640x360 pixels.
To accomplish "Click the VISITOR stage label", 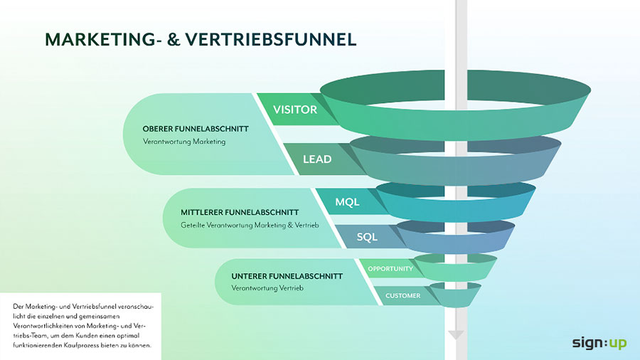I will coord(295,110).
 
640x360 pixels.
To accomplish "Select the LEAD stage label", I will coord(317,159).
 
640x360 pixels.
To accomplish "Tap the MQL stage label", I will coord(348,202).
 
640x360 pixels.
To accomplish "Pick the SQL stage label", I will coord(367,237).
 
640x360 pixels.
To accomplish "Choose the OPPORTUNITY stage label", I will coord(390,269).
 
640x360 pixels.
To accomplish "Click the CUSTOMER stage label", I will coord(402,295).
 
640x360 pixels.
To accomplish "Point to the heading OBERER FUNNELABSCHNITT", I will coord(196,129).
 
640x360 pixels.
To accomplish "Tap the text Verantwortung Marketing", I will coord(184,142).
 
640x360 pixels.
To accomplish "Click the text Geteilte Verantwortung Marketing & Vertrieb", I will coord(249,226).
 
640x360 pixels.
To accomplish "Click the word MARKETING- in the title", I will coord(107,39).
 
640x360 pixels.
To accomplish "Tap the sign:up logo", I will coord(599,343).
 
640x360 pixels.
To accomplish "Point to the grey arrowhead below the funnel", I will coord(457,334).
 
